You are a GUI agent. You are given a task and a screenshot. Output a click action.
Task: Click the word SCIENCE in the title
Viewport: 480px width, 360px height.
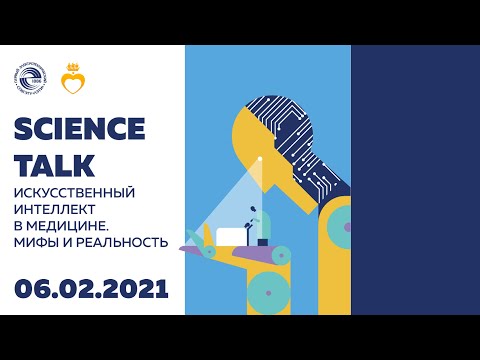80,130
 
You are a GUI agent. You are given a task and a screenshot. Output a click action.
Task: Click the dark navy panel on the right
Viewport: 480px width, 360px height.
415,180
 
